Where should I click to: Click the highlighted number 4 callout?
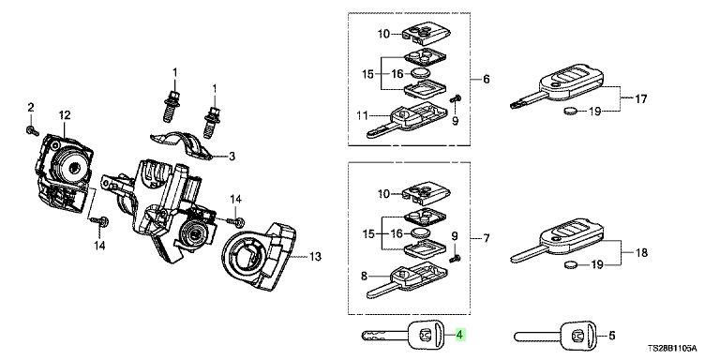coord(459,335)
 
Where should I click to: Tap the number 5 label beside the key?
coord(611,336)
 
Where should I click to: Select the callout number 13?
coord(315,257)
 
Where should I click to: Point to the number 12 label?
coord(65,114)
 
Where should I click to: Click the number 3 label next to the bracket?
coord(232,157)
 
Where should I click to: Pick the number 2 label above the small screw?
coord(31,108)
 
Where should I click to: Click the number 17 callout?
coord(640,98)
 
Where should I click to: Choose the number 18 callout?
coord(641,252)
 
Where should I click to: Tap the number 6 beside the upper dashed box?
coord(487,79)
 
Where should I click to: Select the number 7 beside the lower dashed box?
coord(487,238)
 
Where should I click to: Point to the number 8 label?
coord(364,276)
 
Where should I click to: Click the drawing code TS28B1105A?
coord(672,349)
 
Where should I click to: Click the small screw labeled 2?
coord(33,130)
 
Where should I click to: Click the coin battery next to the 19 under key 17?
coord(571,111)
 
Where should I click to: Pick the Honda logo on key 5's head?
coord(576,337)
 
